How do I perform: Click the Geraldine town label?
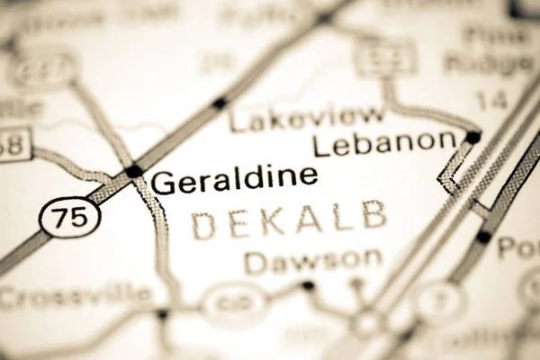pos(234,177)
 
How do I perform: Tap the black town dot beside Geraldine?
pos(134,170)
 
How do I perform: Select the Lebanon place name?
pos(385,141)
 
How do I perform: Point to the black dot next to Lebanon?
pos(472,138)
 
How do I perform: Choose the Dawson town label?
pos(313,261)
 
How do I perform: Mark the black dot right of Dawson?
pos(309,286)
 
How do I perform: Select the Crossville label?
pos(76,296)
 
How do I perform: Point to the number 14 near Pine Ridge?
pos(492,100)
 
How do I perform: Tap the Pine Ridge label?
pos(490,50)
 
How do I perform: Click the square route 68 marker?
pos(13,145)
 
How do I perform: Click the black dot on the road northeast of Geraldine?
pos(219,103)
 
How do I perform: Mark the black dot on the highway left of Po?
pos(483,237)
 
